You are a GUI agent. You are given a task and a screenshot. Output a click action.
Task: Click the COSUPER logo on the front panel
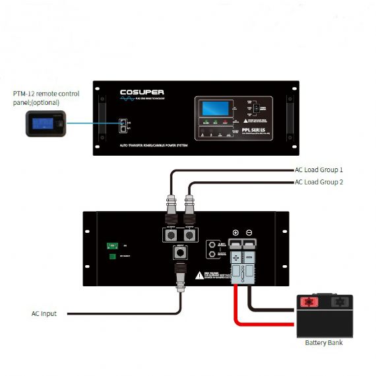click(x=142, y=92)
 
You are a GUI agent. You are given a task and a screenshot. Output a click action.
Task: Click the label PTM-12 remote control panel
click(x=46, y=98)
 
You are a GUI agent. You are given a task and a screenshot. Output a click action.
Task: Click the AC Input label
click(x=44, y=313)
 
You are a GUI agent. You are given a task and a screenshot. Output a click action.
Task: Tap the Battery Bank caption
click(x=323, y=342)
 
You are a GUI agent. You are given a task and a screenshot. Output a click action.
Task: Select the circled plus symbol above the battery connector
click(x=236, y=233)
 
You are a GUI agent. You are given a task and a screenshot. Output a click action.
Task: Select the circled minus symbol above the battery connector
click(x=249, y=233)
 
